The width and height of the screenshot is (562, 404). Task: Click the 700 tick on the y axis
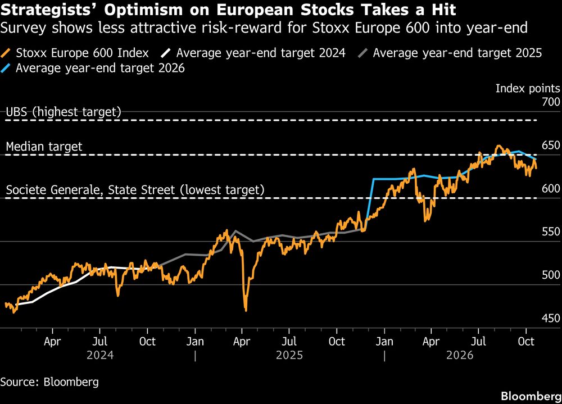click(551, 102)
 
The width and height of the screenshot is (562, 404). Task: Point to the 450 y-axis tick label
click(551, 318)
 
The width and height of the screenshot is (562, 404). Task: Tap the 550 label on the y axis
click(551, 231)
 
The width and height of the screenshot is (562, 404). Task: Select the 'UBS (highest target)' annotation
click(64, 112)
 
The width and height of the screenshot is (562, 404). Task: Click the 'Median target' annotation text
click(44, 146)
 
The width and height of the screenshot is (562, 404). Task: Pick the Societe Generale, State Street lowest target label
click(135, 189)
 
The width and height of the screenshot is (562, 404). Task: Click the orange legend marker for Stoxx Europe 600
click(6, 53)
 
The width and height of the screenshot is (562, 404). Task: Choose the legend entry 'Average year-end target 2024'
click(253, 53)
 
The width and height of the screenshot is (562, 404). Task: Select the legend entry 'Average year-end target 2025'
click(450, 53)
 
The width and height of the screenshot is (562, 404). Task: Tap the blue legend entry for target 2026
click(93, 68)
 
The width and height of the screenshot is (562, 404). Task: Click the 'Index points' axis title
click(528, 88)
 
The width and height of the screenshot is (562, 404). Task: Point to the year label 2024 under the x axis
click(100, 355)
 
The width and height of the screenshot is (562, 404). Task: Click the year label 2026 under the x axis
click(460, 355)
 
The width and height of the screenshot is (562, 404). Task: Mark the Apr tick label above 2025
click(242, 342)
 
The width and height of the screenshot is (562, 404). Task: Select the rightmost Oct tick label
click(526, 341)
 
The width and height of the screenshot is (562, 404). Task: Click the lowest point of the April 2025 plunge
click(246, 310)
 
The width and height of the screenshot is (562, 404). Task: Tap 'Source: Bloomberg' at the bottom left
click(49, 382)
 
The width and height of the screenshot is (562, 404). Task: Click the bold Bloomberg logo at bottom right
click(531, 396)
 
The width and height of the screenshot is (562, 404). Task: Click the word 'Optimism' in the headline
click(143, 10)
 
